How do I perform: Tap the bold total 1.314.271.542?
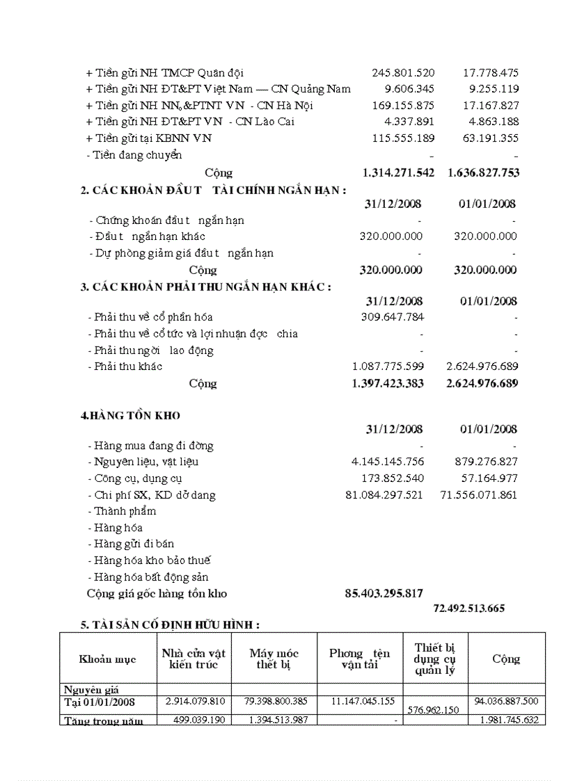398,172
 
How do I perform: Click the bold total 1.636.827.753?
483,172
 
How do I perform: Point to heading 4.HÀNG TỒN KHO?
130,415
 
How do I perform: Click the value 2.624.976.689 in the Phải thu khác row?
482,366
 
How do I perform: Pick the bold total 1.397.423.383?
388,383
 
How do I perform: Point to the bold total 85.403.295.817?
384,593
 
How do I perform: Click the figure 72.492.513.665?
468,609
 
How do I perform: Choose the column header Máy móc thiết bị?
274,659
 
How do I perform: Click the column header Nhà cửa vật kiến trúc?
194,659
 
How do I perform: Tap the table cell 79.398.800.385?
274,701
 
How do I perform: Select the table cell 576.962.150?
435,709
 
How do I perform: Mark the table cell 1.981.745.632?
508,720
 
